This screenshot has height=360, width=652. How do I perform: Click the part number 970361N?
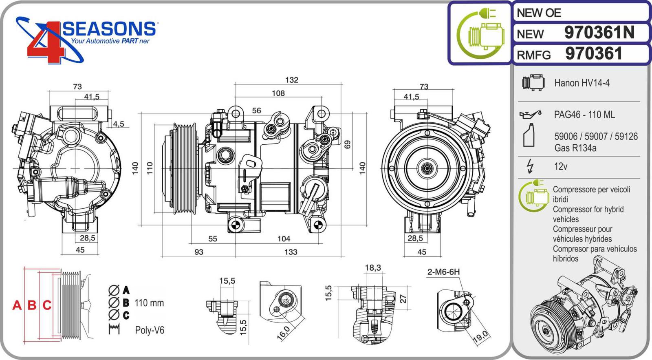[x=599, y=33]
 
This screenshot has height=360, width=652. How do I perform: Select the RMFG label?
[x=533, y=55]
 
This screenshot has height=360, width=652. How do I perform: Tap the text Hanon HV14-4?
[x=582, y=83]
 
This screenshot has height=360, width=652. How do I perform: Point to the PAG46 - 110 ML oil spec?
[x=584, y=115]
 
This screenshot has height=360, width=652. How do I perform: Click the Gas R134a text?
[x=575, y=148]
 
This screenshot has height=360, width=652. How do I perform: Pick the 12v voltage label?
[x=560, y=166]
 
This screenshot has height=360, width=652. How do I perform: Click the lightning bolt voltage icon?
[x=530, y=166]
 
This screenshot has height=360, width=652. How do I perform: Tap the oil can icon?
[x=530, y=114]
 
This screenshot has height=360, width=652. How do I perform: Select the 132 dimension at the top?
[x=291, y=80]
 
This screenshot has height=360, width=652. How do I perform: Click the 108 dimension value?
[x=278, y=93]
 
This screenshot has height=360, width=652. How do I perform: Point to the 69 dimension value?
[x=347, y=145]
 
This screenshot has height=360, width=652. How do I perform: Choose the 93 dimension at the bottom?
[x=198, y=252]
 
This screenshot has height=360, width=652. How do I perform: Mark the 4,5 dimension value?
[x=119, y=124]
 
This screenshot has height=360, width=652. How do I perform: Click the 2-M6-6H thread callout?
[x=443, y=272]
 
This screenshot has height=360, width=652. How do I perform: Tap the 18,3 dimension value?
[x=372, y=267]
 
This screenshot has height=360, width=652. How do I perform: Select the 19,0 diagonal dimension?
[x=480, y=336]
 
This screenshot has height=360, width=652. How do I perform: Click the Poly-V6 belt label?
[x=150, y=330]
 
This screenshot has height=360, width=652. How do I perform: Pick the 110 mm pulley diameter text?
[x=149, y=303]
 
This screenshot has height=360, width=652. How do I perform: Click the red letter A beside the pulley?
[x=17, y=305]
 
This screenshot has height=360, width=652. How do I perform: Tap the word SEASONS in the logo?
[x=109, y=29]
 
